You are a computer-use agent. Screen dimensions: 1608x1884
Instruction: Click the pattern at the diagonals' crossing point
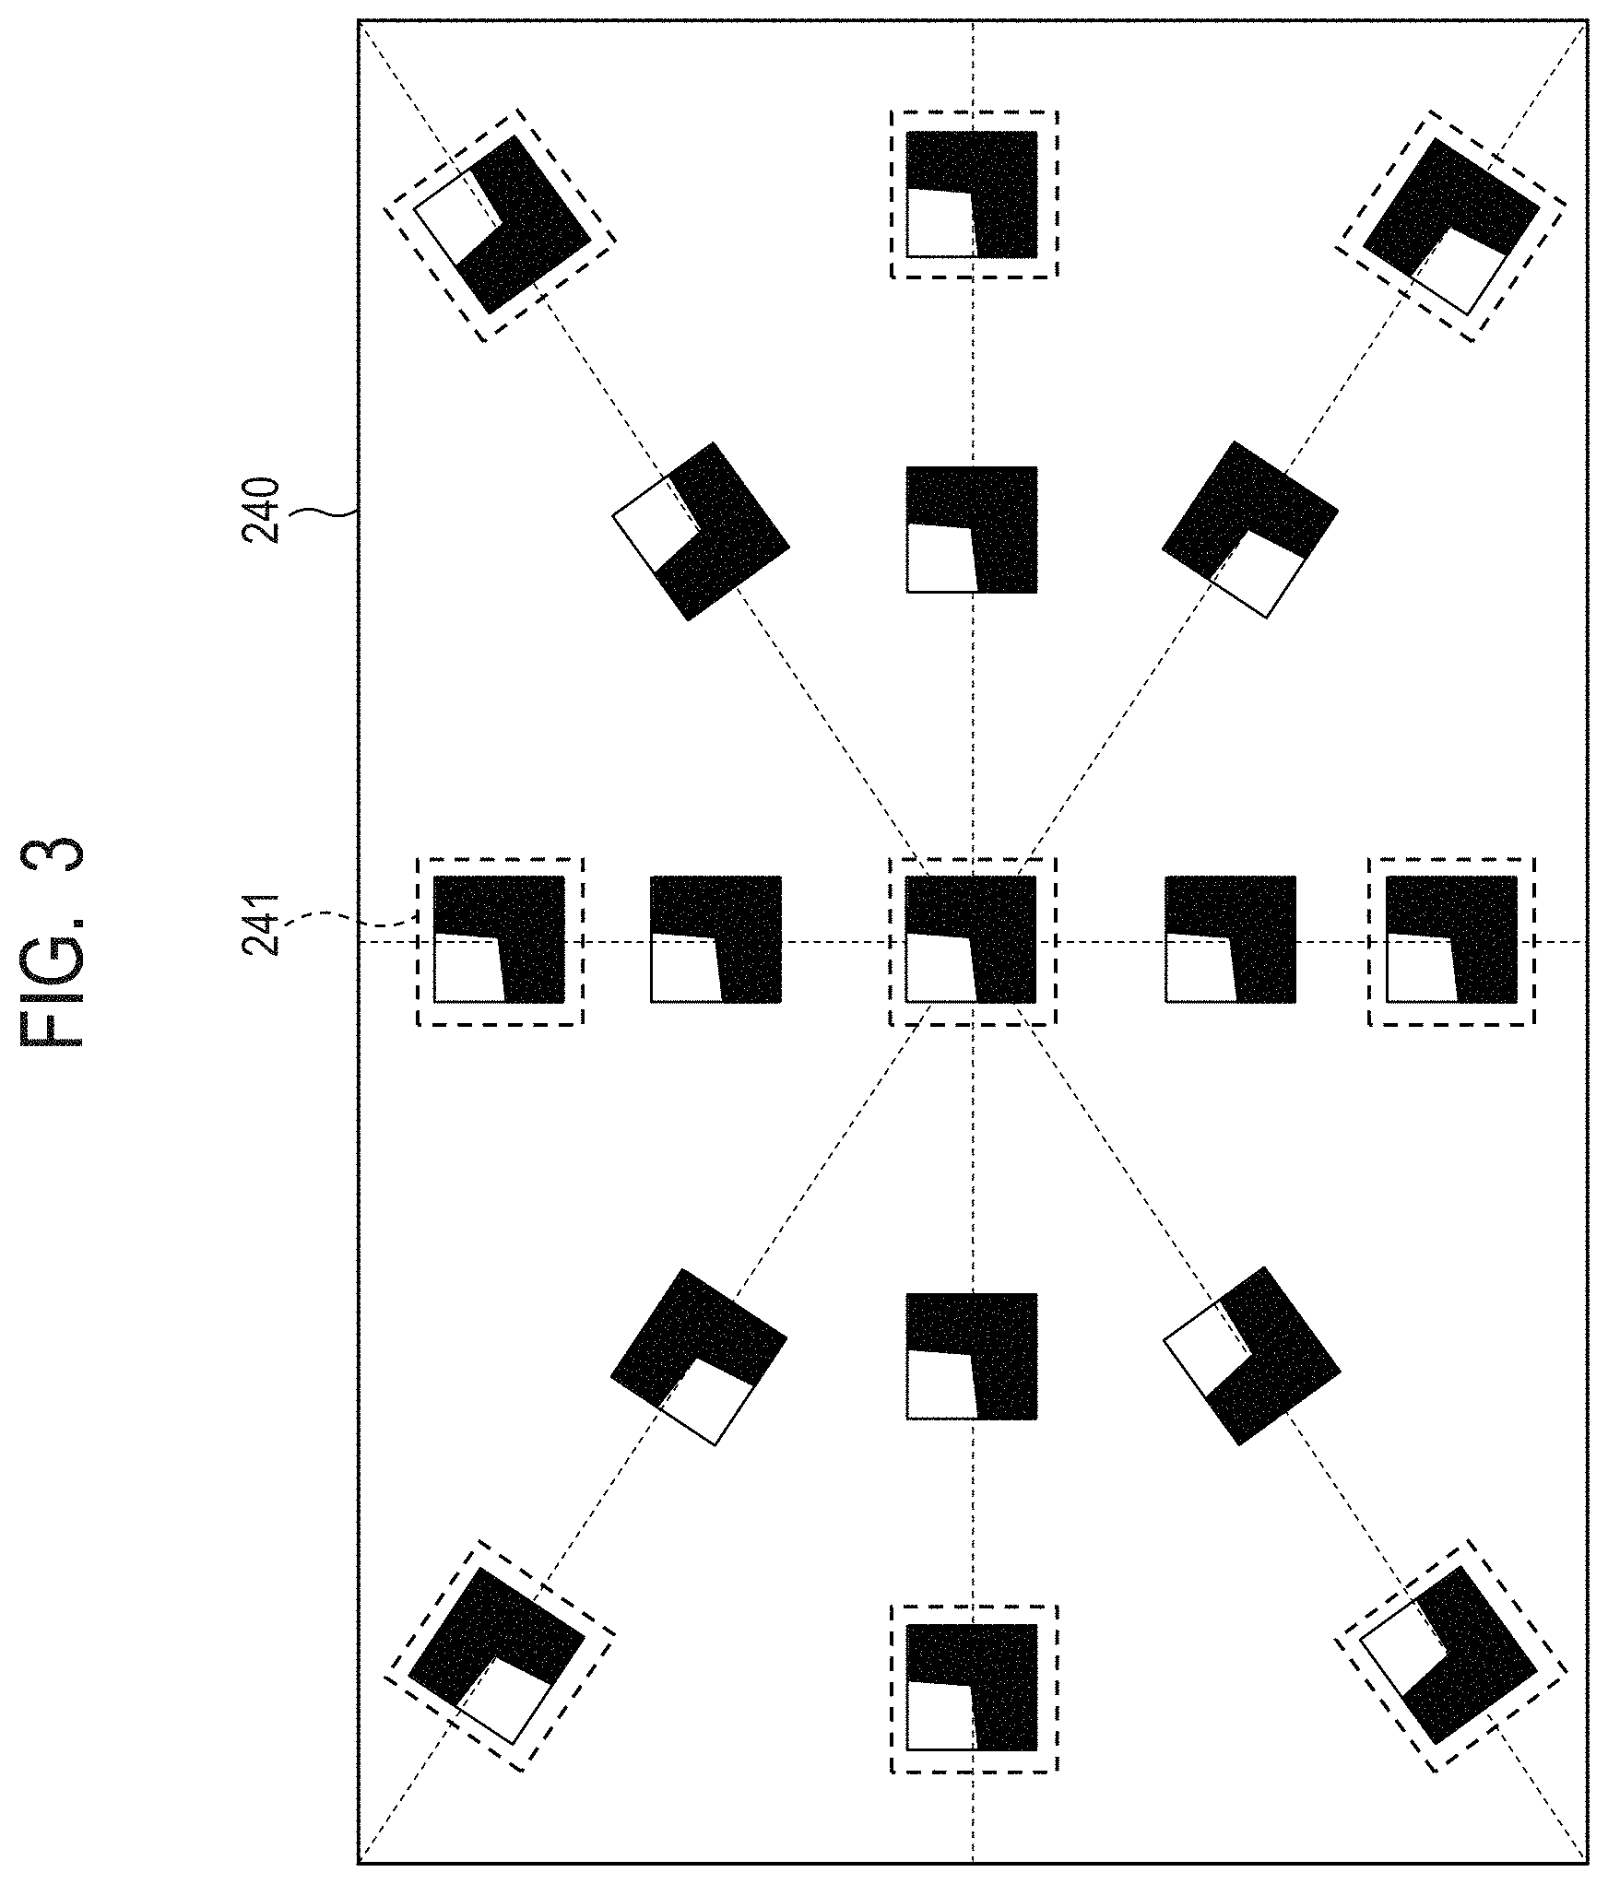pos(972,939)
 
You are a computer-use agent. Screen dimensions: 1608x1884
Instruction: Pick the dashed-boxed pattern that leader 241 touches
pos(499,940)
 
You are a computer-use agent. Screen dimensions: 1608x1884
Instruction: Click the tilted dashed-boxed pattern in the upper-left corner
pos(500,225)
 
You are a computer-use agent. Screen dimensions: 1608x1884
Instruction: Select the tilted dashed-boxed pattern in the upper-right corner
pos(1451,226)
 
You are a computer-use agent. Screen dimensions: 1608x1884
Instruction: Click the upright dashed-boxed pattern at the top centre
pos(973,194)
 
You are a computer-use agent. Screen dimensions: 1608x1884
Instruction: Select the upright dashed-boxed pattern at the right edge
pos(1451,939)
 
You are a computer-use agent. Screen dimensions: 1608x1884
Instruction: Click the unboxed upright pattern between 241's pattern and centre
pos(715,939)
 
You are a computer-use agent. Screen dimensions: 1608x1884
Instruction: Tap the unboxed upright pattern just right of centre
pos(1230,939)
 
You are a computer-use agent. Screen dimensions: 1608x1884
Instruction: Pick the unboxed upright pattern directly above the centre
pos(972,529)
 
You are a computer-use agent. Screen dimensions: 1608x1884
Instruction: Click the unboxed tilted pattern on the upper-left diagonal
pos(702,531)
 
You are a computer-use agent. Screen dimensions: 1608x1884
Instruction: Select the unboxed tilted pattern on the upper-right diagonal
pos(1249,530)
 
